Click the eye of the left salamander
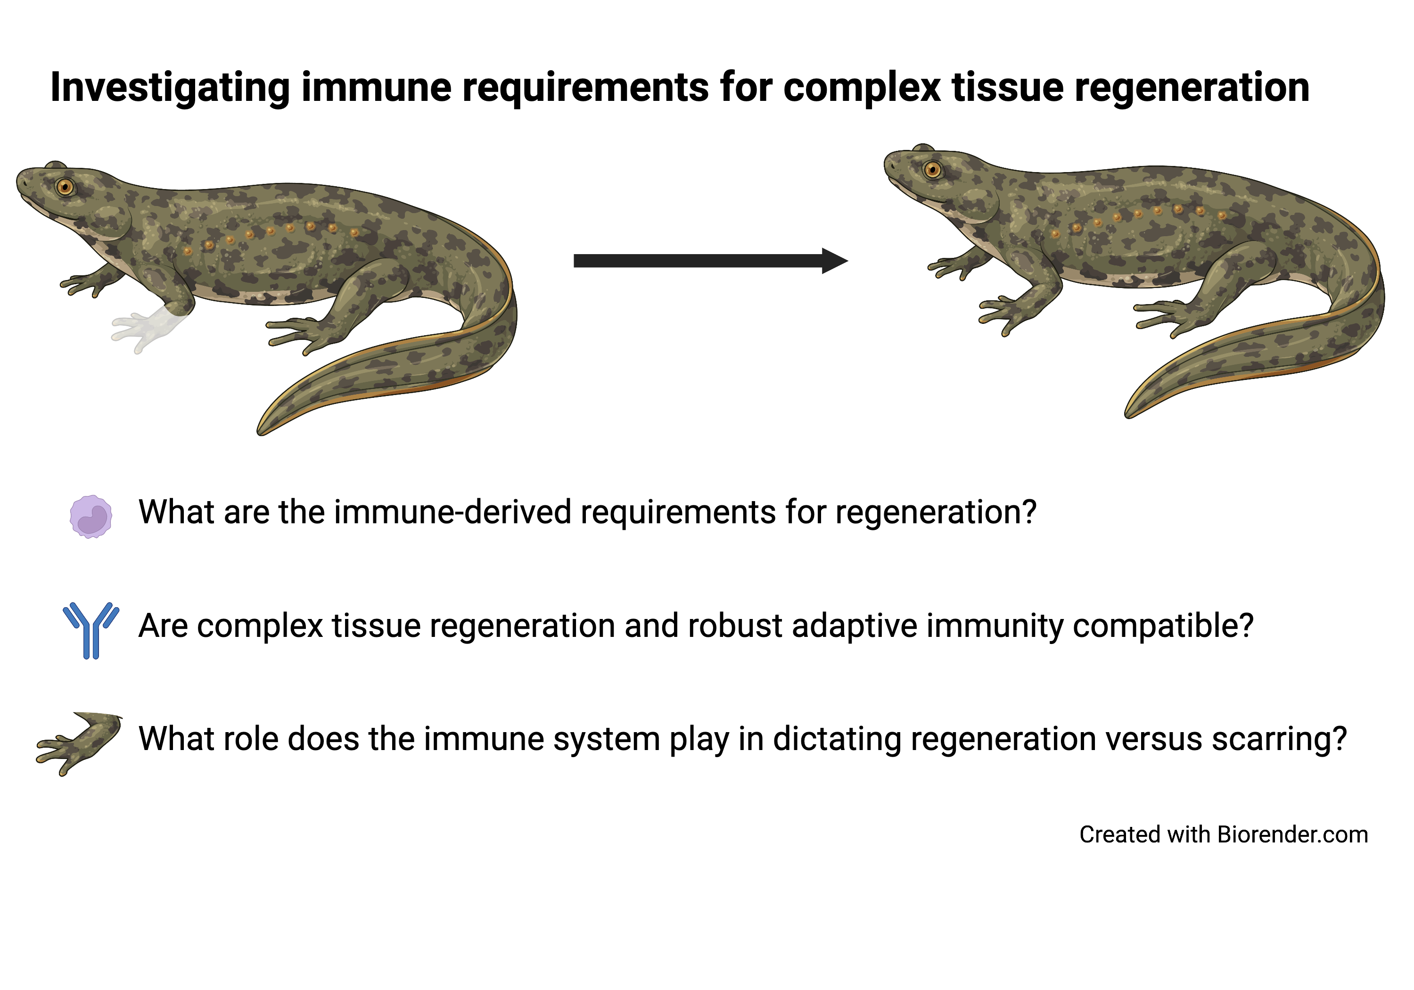65,186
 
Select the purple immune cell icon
91,516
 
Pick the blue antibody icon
91,629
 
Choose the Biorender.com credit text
1224,835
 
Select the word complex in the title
862,88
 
